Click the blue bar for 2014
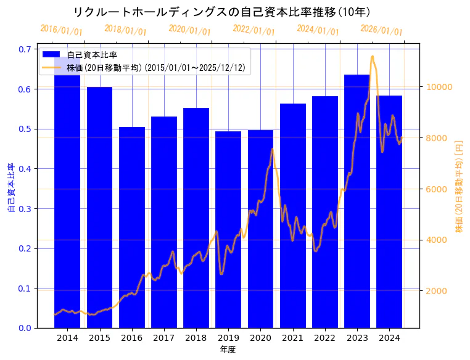[67, 197]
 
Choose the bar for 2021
[293, 216]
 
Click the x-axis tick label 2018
[196, 338]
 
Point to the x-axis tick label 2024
[389, 338]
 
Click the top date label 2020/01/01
[189, 30]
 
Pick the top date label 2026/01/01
[381, 30]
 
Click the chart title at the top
[221, 12]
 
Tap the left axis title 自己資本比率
[11, 188]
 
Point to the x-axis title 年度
[228, 350]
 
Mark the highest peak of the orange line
[372, 57]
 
